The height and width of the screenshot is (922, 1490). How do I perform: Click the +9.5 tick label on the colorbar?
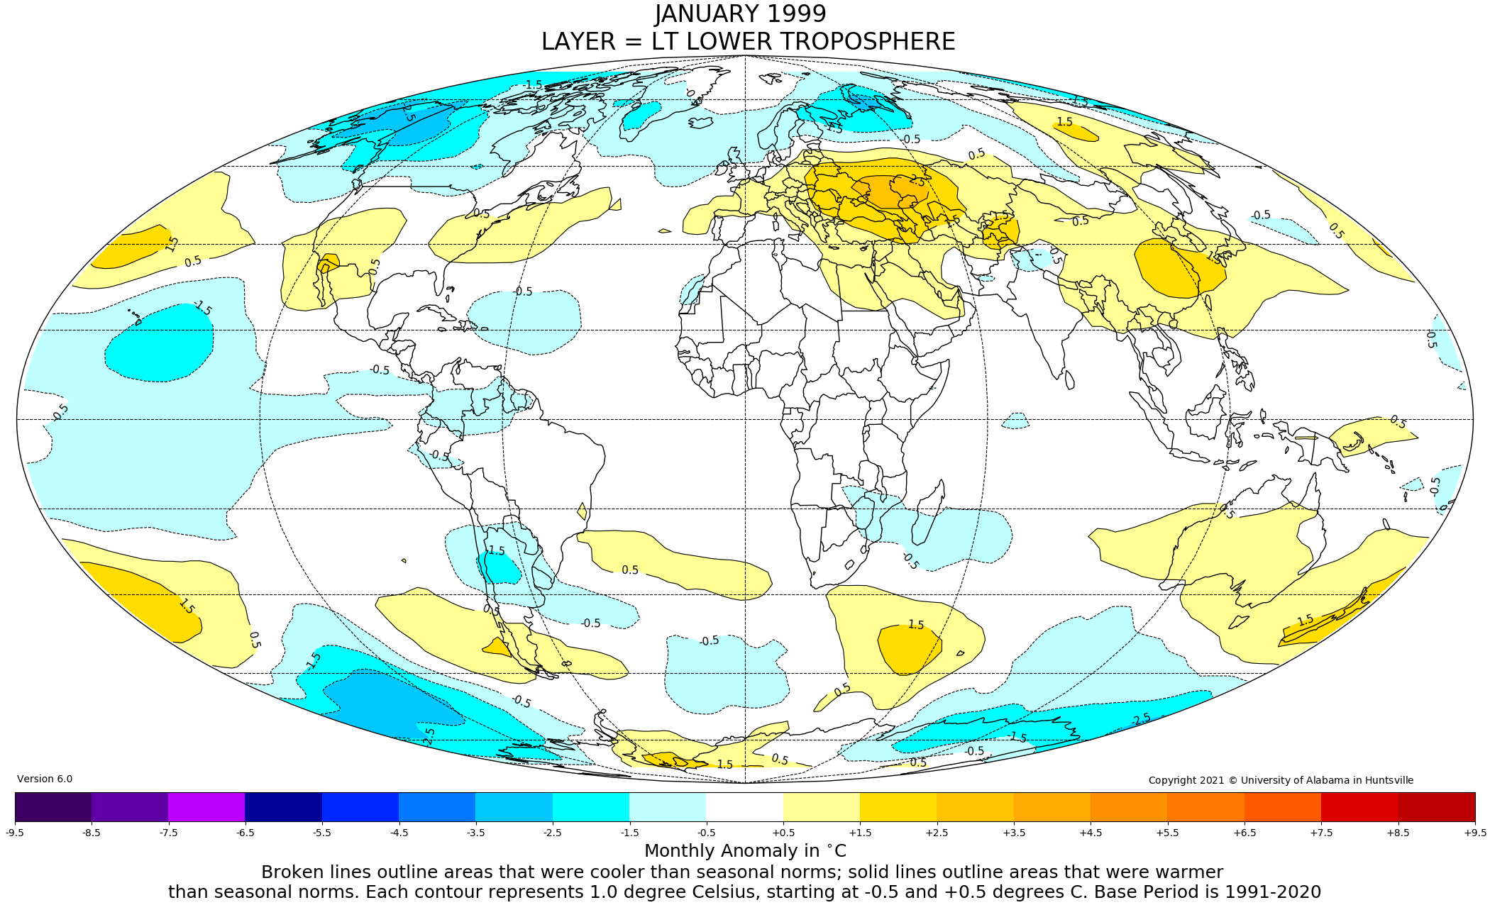[x=1474, y=833]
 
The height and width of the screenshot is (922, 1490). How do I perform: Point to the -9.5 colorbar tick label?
[x=15, y=833]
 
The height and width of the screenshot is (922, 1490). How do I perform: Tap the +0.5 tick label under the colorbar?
[x=783, y=833]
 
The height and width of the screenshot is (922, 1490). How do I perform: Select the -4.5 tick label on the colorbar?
[x=399, y=833]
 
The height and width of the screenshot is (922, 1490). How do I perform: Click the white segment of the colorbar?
[x=744, y=807]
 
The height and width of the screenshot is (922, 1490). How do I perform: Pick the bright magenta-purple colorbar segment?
[x=206, y=807]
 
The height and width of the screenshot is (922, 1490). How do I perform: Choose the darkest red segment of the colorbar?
[x=1436, y=807]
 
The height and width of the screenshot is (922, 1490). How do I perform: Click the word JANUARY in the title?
[x=704, y=14]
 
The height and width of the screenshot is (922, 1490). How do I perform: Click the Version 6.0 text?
[x=45, y=779]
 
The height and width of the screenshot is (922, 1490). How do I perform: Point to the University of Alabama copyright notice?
[x=1281, y=780]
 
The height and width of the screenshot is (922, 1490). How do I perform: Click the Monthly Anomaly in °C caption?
[x=745, y=850]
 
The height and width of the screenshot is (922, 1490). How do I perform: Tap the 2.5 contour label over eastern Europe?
[x=917, y=182]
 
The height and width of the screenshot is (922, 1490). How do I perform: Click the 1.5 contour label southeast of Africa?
[x=916, y=625]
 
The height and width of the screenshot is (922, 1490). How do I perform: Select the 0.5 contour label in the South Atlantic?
[x=630, y=570]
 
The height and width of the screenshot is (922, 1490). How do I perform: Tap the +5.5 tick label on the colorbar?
[x=1167, y=833]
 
